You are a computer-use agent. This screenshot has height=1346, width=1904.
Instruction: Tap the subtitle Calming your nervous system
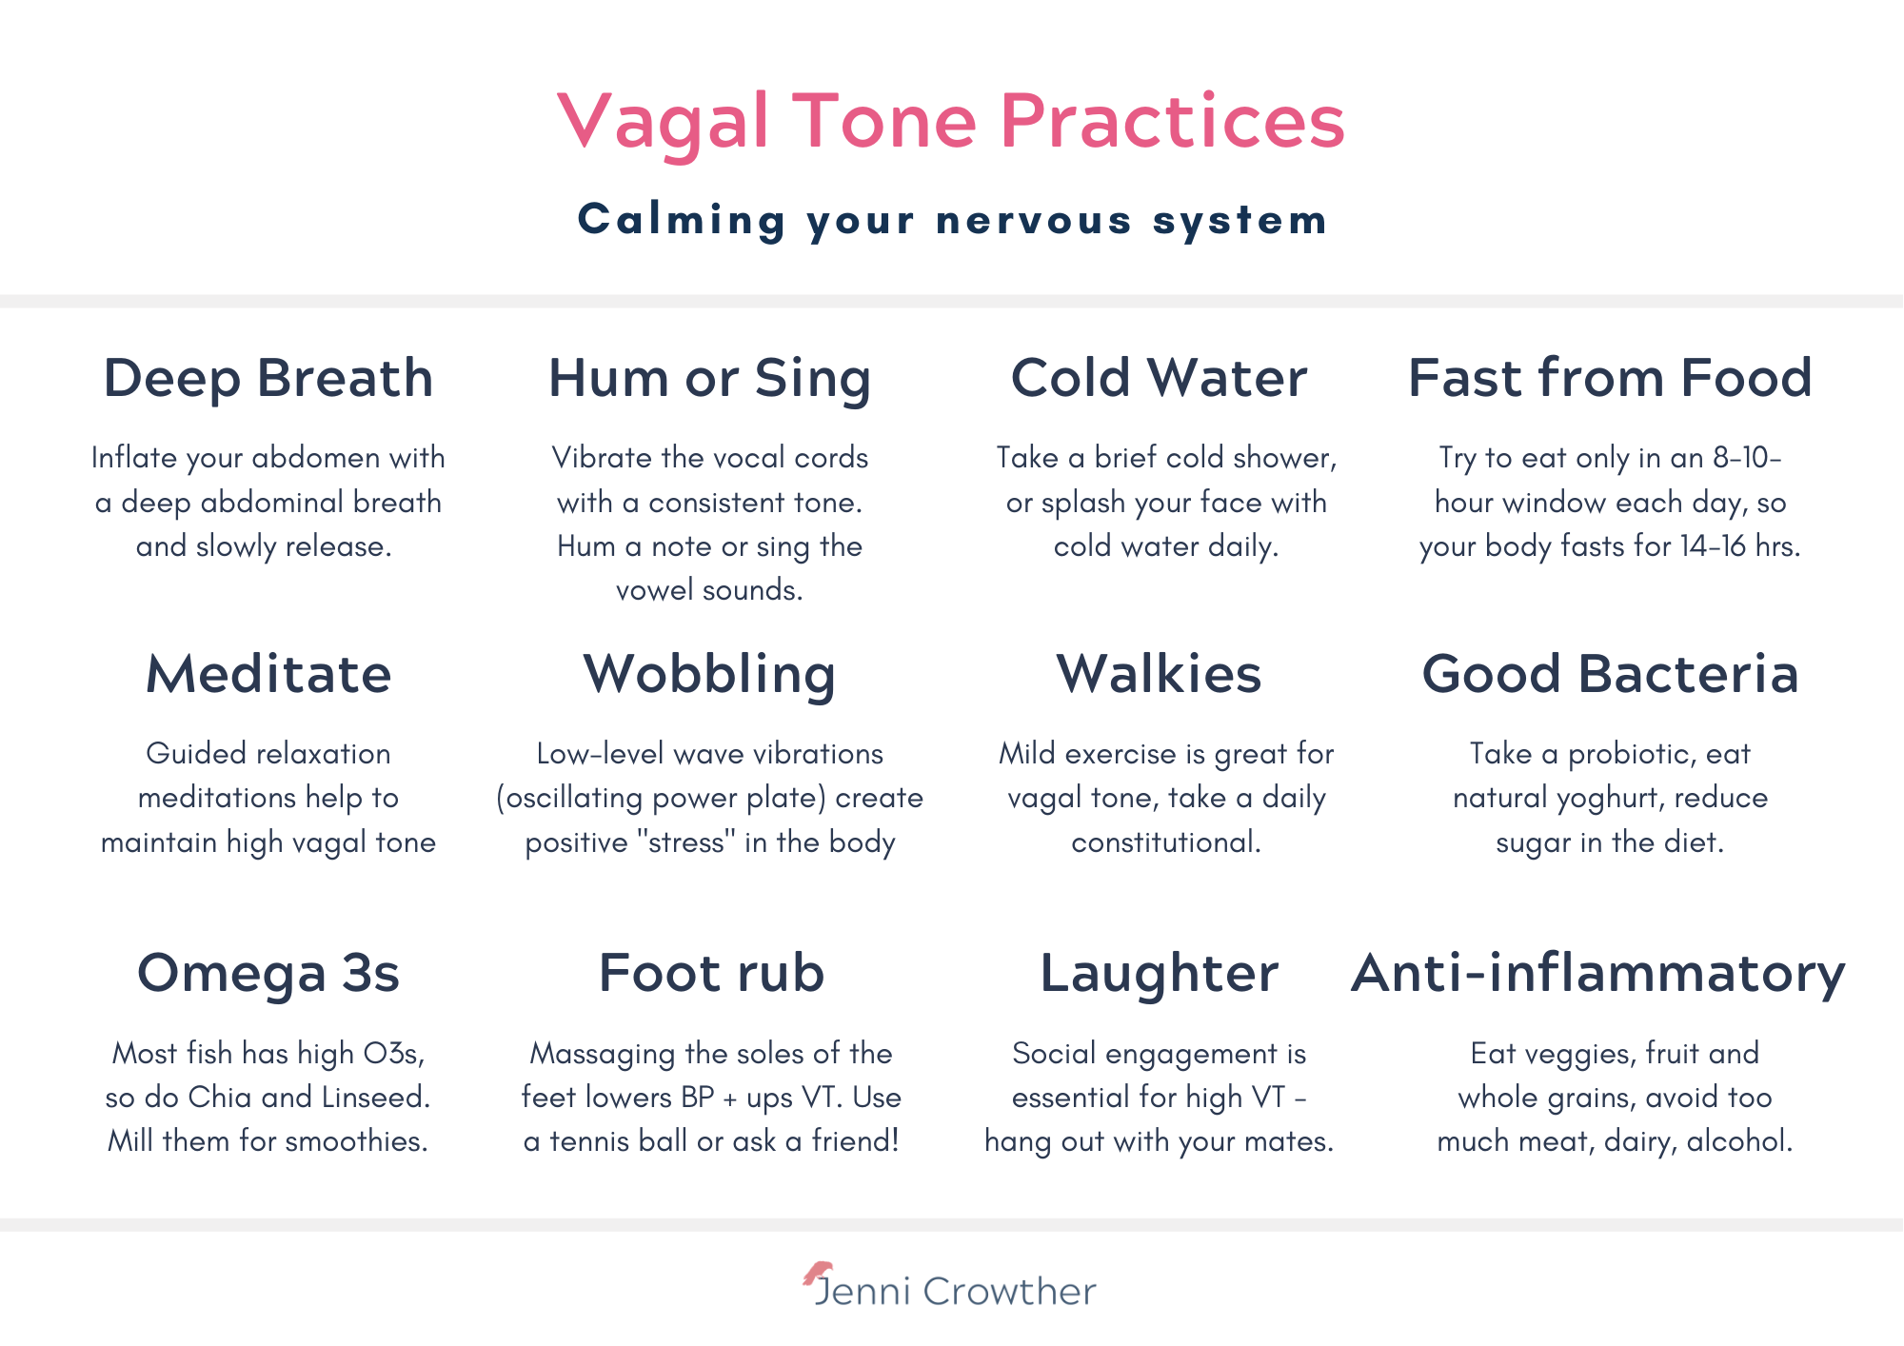[x=953, y=220]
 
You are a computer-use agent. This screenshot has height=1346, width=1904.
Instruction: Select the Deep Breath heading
[x=268, y=378]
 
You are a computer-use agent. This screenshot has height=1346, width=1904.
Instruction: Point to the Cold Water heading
[x=1160, y=378]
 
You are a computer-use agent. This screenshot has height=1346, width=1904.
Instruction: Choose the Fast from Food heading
[x=1610, y=378]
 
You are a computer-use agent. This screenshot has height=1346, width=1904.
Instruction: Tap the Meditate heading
[x=268, y=674]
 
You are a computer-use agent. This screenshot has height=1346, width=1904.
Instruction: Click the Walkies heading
[x=1160, y=674]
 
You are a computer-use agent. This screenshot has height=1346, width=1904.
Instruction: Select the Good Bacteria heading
[x=1611, y=674]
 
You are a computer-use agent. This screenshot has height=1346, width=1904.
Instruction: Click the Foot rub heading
[x=711, y=973]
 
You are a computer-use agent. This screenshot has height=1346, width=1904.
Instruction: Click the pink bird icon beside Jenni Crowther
[x=818, y=1273]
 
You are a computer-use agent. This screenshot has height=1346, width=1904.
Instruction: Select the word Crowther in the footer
[x=1010, y=1292]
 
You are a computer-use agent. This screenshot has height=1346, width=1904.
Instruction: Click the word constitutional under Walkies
[x=1166, y=841]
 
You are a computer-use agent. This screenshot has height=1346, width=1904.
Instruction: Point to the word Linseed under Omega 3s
[x=376, y=1097]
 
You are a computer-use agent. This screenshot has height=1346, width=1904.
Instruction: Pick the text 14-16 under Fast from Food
[x=1713, y=545]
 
